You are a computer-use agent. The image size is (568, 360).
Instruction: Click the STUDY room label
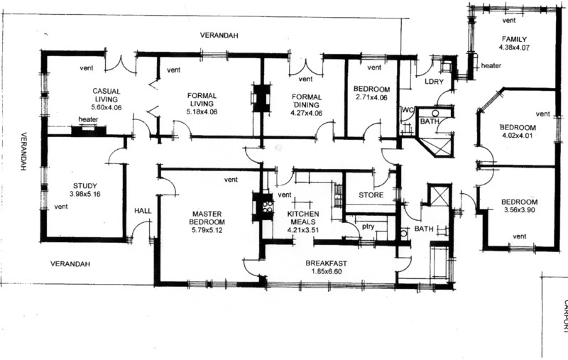85,186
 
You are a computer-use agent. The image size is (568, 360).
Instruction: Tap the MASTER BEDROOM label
208,218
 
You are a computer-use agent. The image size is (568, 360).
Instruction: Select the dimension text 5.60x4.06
106,107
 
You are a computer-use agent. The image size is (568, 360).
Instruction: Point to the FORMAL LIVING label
202,99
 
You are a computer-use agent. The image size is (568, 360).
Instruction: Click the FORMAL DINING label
307,101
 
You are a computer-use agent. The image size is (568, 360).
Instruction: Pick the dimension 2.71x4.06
371,97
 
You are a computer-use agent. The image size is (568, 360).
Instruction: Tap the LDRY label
434,82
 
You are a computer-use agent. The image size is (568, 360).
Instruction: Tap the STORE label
371,195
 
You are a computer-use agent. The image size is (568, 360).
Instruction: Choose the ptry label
368,227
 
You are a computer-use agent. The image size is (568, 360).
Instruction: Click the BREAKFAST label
326,263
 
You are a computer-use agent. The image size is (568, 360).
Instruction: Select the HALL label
143,211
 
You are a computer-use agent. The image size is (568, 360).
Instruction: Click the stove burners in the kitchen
268,206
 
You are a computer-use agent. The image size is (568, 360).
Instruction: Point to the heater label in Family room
491,65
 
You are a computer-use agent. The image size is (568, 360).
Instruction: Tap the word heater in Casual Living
88,119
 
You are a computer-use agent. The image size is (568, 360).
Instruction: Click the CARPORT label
564,315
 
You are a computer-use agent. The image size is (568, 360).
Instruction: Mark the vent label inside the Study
61,207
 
